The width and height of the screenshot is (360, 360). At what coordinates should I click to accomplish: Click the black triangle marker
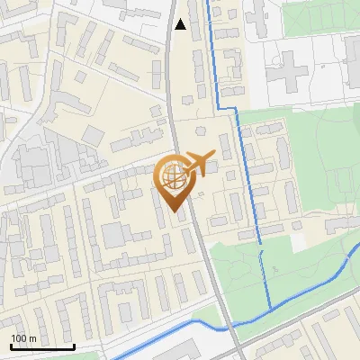click(x=181, y=24)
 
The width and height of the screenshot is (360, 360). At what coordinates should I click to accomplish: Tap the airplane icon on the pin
click(x=198, y=164)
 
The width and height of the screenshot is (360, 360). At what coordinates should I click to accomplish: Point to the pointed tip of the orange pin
click(x=174, y=213)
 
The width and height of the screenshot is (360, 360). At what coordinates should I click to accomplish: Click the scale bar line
click(x=41, y=346)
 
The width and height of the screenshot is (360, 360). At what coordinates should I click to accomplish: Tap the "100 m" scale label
click(x=22, y=338)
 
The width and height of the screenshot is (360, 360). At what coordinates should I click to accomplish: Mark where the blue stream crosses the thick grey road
click(x=230, y=325)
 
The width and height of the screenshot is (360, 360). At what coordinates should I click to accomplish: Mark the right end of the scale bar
click(x=74, y=345)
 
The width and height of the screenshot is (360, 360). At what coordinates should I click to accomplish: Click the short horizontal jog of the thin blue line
click(x=228, y=109)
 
